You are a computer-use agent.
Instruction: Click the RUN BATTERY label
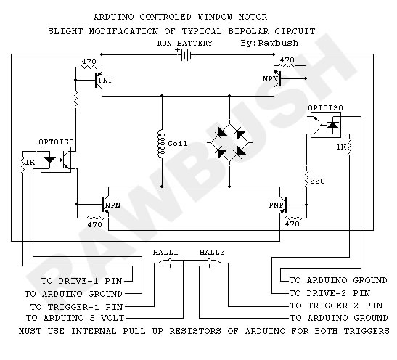[x=185, y=44]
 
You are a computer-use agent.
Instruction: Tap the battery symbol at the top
[x=185, y=54]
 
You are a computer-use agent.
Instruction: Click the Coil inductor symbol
[x=161, y=143]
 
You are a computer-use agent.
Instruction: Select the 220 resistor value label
[x=317, y=181]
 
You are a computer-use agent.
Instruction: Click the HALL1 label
[x=165, y=252]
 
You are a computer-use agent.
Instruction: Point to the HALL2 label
[x=212, y=252]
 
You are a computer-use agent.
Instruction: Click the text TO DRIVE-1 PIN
[x=82, y=281]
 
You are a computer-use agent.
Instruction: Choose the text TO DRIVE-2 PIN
[x=330, y=293]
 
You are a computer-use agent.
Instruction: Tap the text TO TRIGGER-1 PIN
[x=76, y=307]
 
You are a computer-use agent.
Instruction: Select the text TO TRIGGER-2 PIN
[x=336, y=306]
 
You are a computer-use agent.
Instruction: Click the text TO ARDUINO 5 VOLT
[x=75, y=318]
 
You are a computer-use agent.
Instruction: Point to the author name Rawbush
[x=278, y=43]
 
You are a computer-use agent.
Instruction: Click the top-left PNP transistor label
[x=105, y=81]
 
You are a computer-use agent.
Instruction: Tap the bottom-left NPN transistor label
[x=112, y=205]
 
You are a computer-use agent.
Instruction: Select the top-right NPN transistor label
[x=270, y=79]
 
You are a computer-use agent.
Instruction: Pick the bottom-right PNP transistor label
[x=276, y=205]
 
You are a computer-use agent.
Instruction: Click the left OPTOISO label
[x=56, y=142]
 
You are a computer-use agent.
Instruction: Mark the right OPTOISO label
[x=325, y=108]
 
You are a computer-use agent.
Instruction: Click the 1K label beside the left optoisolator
[x=30, y=162]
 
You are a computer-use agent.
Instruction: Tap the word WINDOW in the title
[x=215, y=17]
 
